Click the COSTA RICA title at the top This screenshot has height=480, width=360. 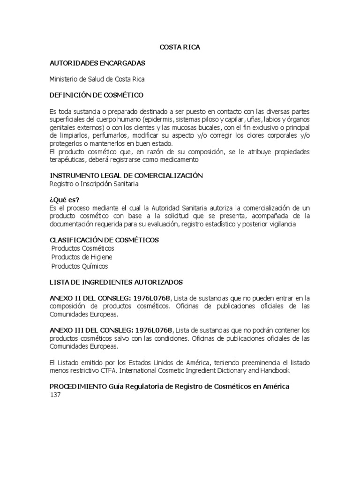tap(180, 47)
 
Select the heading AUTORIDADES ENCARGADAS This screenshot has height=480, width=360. tap(97, 63)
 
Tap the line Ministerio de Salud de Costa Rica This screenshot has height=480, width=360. tap(100, 79)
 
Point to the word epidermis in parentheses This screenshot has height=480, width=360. tap(158, 120)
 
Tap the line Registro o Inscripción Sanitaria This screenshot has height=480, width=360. tap(94, 184)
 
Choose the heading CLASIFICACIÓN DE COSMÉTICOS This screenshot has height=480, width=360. tap(104, 240)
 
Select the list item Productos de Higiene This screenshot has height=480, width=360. tap(82, 257)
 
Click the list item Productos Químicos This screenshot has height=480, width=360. tap(80, 266)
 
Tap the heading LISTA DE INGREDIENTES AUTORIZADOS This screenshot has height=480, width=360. tap(116, 282)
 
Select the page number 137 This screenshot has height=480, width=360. tap(55, 395)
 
